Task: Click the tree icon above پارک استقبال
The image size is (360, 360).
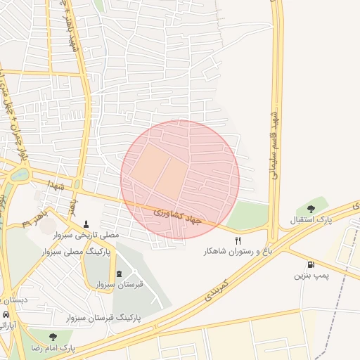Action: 311,209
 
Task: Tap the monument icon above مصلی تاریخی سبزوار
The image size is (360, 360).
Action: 86,224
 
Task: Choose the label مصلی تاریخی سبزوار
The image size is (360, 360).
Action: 87,235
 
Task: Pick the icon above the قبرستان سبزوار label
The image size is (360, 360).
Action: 119,274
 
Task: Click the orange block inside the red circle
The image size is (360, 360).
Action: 158,169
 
